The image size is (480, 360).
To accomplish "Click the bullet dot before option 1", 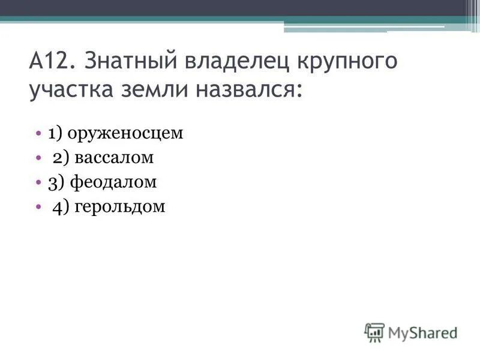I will point(38,133).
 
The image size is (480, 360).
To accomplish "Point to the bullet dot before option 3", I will point(38,181).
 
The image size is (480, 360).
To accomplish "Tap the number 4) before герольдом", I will point(62,207).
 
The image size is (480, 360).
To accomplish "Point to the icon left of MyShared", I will point(374,332).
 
